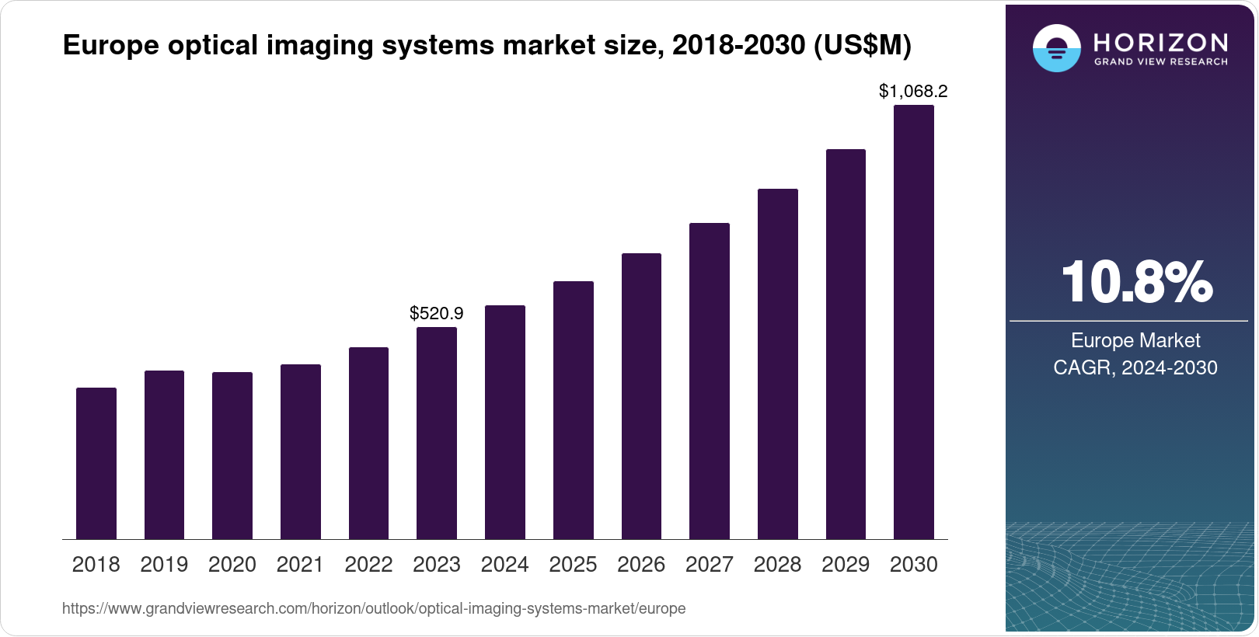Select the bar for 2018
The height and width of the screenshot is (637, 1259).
coord(96,463)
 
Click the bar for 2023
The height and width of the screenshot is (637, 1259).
coord(437,433)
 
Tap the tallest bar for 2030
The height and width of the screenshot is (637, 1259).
coord(914,322)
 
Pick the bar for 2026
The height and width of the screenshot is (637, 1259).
coord(641,396)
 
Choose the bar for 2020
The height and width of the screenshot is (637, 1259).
coord(232,455)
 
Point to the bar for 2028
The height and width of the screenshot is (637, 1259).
coord(778,364)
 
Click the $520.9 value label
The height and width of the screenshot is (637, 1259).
coord(437,313)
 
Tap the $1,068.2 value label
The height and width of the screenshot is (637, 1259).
coord(913,91)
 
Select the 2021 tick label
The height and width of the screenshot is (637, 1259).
coord(300,565)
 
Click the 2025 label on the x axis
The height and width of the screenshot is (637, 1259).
coord(573,565)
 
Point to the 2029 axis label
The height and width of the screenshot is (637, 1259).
coord(846,565)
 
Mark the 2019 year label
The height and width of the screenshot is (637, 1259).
coord(164,565)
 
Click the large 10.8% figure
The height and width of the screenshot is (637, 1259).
coord(1136,282)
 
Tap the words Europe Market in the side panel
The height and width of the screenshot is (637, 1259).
coord(1135,340)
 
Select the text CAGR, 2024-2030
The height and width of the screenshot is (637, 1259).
coord(1135,367)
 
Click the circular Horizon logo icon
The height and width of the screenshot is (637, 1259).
coord(1056,48)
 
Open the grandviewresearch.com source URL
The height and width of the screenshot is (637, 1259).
coord(374,608)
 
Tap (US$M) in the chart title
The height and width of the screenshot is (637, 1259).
coord(863,45)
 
